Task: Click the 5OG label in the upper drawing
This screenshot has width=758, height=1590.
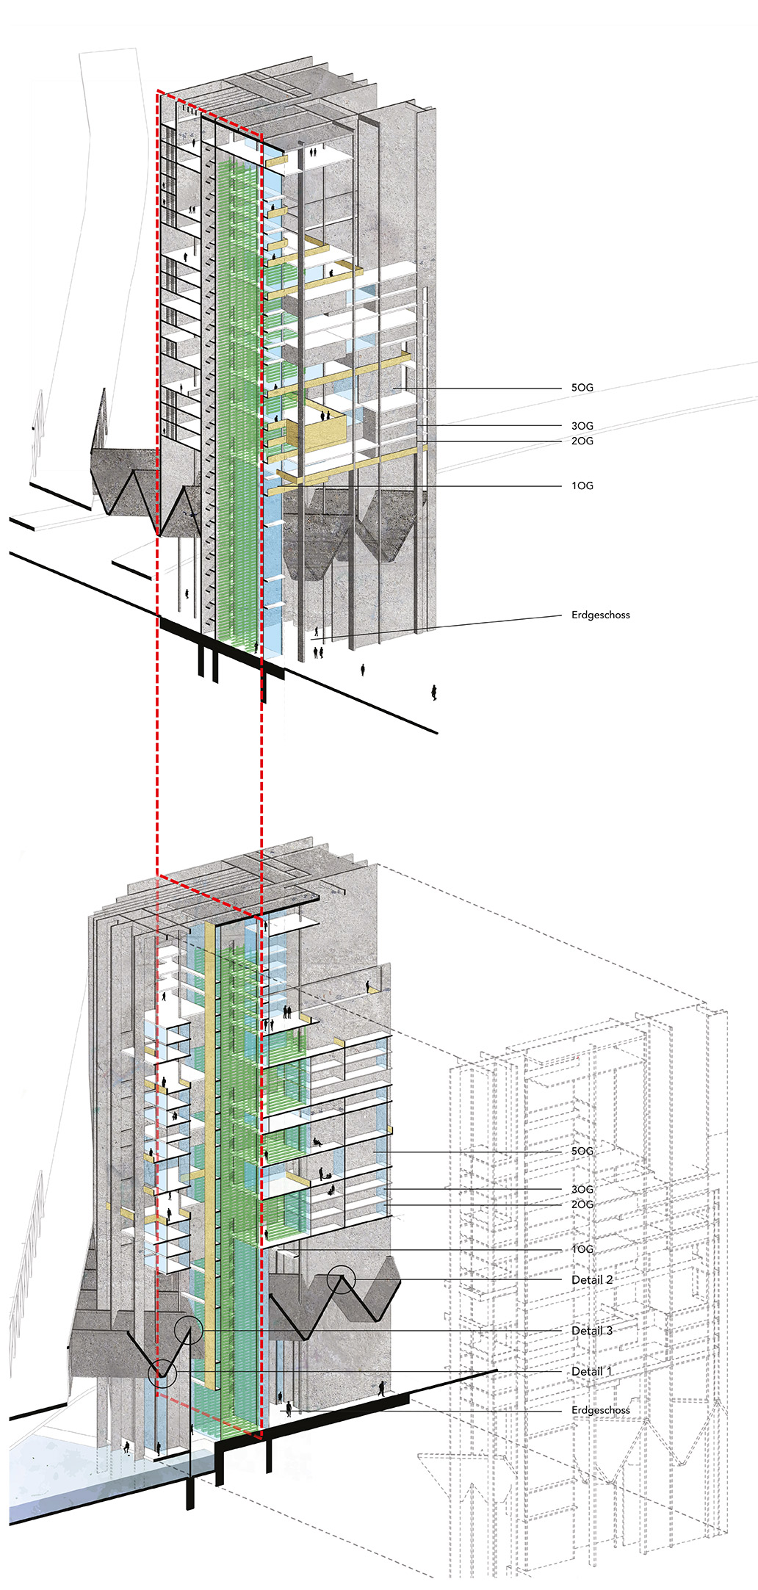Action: pyautogui.click(x=582, y=388)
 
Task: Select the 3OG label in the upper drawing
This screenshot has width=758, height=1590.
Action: pyautogui.click(x=582, y=426)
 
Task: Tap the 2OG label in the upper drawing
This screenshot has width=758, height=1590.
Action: pyautogui.click(x=582, y=441)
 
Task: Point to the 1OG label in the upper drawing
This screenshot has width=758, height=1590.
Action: pyautogui.click(x=582, y=485)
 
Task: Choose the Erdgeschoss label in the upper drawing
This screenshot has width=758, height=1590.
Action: pyautogui.click(x=600, y=615)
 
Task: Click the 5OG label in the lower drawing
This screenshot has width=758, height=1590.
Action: pyautogui.click(x=582, y=1151)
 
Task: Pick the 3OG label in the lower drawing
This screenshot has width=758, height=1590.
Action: pyautogui.click(x=582, y=1189)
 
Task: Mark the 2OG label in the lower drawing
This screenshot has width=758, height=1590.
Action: pyautogui.click(x=582, y=1204)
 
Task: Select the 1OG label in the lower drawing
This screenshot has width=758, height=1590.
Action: pyautogui.click(x=582, y=1249)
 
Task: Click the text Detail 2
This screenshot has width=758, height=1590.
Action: pyautogui.click(x=591, y=1279)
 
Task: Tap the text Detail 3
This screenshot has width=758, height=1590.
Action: pyautogui.click(x=591, y=1331)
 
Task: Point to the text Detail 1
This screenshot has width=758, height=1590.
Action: pyautogui.click(x=591, y=1371)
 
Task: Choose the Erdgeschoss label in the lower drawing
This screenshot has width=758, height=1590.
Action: pyautogui.click(x=600, y=1410)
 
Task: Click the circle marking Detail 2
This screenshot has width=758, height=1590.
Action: pyautogui.click(x=341, y=1280)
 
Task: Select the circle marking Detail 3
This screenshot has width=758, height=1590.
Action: pyautogui.click(x=189, y=1330)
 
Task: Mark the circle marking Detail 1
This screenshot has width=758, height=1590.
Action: pyautogui.click(x=162, y=1372)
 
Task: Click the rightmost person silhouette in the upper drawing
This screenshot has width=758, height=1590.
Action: pyautogui.click(x=434, y=693)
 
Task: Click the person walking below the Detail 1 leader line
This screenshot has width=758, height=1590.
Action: pyautogui.click(x=381, y=1389)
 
